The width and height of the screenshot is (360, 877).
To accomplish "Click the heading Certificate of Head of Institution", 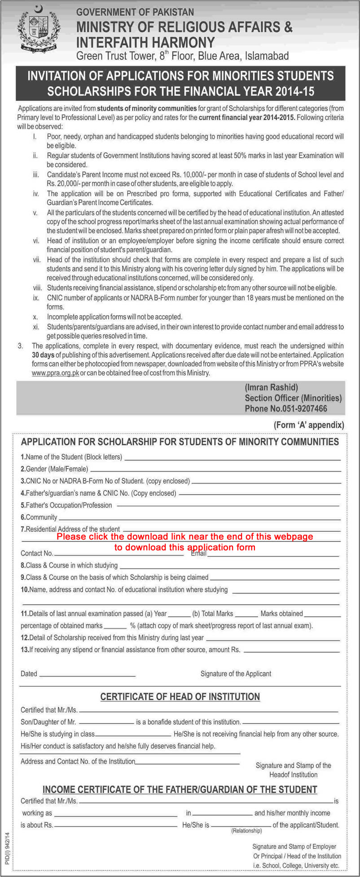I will (x=180, y=697).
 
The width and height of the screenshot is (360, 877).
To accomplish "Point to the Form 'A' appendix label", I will (x=309, y=425).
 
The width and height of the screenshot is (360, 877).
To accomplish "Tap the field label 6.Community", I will (x=39, y=517).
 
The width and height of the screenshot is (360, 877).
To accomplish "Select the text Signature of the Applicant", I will (x=236, y=674).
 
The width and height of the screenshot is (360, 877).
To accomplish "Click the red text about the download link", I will (x=185, y=542).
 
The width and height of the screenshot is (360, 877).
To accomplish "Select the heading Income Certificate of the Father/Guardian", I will (x=180, y=789).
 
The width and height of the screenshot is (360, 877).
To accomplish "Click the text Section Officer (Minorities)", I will (x=293, y=398).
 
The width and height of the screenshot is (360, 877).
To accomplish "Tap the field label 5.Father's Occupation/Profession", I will (x=66, y=505).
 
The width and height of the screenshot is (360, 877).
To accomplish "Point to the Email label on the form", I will (x=198, y=553).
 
